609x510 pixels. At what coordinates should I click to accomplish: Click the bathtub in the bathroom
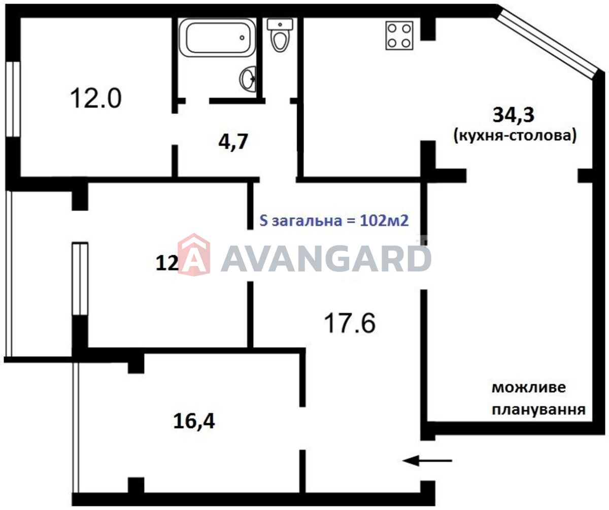coord(217,38)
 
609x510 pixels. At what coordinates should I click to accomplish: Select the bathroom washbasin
coord(248,79)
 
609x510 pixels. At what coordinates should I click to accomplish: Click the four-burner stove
coord(399,36)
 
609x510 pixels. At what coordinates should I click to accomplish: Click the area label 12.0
coord(96,98)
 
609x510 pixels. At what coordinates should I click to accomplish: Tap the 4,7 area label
coord(233,141)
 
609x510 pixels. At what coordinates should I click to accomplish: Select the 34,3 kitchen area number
coord(513,115)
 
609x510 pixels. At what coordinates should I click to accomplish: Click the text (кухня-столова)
coord(515,136)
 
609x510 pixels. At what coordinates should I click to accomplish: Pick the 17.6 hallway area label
coord(350,323)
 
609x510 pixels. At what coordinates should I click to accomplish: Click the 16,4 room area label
coord(194,421)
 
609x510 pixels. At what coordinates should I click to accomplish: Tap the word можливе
coord(529,388)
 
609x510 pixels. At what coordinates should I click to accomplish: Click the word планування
coord(538,410)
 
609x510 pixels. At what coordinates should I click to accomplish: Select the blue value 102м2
coord(384,221)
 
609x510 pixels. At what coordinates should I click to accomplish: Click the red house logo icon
coord(194,255)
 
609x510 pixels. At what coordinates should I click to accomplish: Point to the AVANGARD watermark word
coord(326,258)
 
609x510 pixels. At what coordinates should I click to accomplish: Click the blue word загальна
coord(306,221)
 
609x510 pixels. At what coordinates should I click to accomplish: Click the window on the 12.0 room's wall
coord(13,99)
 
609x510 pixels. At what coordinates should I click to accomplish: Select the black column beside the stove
coord(428,28)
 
